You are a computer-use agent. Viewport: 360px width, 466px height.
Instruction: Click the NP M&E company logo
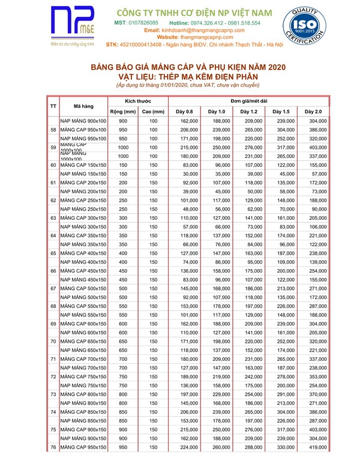[71, 28]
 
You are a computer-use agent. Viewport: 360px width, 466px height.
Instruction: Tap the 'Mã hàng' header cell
[83, 106]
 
